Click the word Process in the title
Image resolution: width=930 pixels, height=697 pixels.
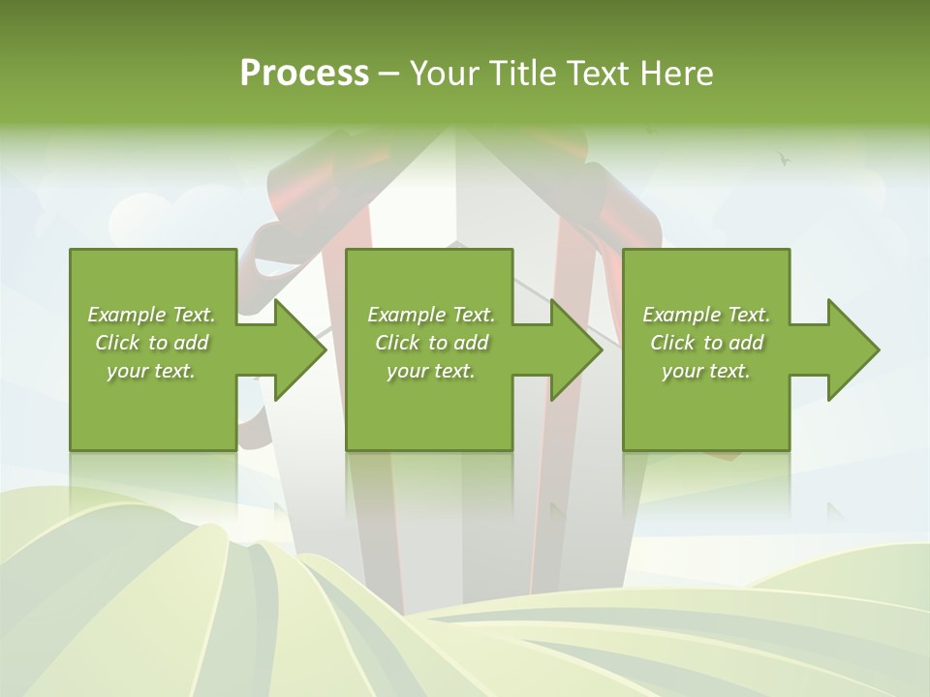(304, 74)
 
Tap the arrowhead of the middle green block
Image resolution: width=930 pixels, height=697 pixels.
(575, 349)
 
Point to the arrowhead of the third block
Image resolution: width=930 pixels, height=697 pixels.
(852, 349)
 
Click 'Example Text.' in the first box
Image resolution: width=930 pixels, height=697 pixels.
(151, 315)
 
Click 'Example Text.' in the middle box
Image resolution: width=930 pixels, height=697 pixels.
(431, 315)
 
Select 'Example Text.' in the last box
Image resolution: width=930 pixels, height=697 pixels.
(706, 315)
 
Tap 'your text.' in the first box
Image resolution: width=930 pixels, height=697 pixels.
(151, 371)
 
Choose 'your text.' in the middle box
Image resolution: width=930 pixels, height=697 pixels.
(431, 371)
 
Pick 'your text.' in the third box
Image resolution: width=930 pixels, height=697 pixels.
(706, 371)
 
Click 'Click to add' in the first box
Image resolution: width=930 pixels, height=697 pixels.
(151, 343)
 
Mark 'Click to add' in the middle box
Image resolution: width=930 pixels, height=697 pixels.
(431, 343)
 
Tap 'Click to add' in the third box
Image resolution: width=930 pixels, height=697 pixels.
(706, 343)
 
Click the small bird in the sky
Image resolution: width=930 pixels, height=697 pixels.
(784, 157)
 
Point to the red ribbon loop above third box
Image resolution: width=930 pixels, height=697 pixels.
(620, 208)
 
